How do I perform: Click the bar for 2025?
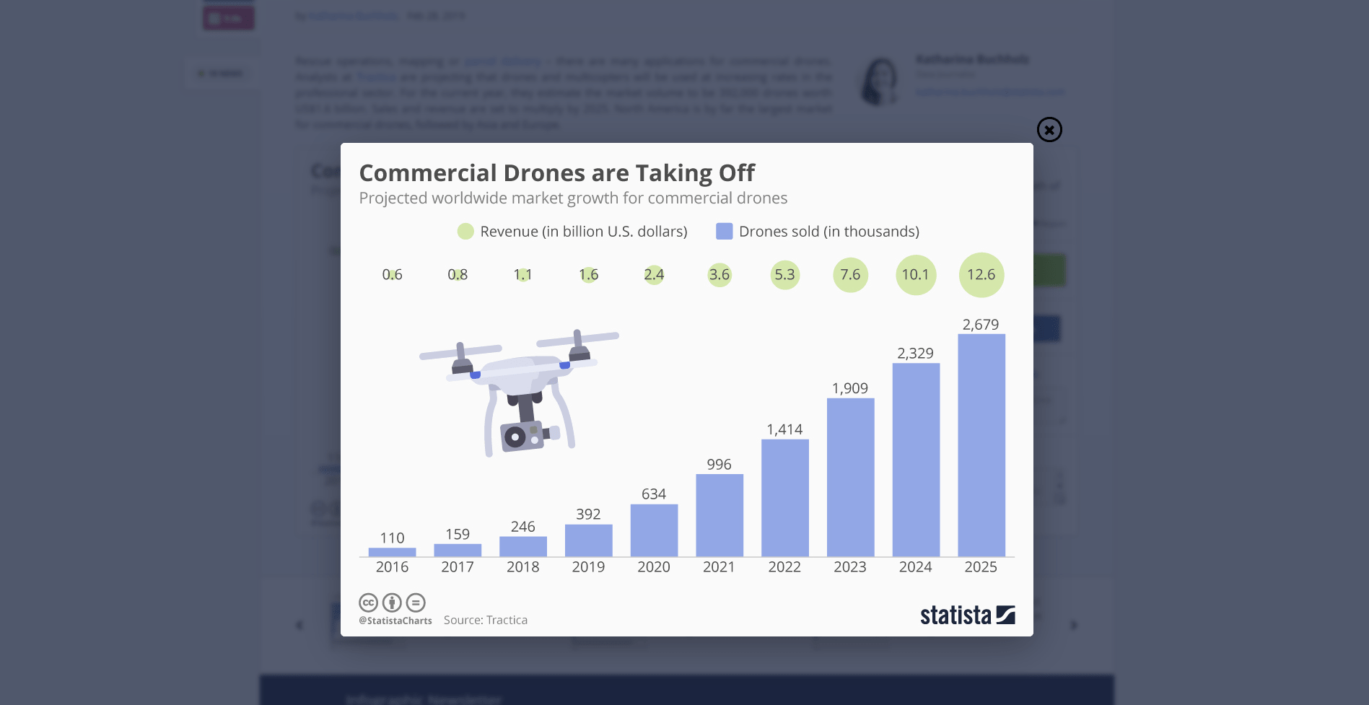point(981,445)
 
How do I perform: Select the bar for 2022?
point(784,497)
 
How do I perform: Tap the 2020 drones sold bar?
point(654,530)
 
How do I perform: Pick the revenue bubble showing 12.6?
point(981,275)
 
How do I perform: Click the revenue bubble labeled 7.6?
point(850,275)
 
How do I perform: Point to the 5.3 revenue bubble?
point(784,275)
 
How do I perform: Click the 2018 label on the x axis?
point(522,567)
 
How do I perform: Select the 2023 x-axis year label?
point(849,567)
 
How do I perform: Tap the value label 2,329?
point(915,354)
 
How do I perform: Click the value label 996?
point(719,465)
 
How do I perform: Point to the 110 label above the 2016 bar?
point(392,538)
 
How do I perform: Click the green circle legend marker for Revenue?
point(465,232)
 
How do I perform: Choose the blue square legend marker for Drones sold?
point(724,232)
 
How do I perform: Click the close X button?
point(1049,130)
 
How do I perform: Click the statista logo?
point(967,615)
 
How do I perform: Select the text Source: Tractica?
point(485,621)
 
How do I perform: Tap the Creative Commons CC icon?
point(369,603)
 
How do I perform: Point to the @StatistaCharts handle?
point(395,621)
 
